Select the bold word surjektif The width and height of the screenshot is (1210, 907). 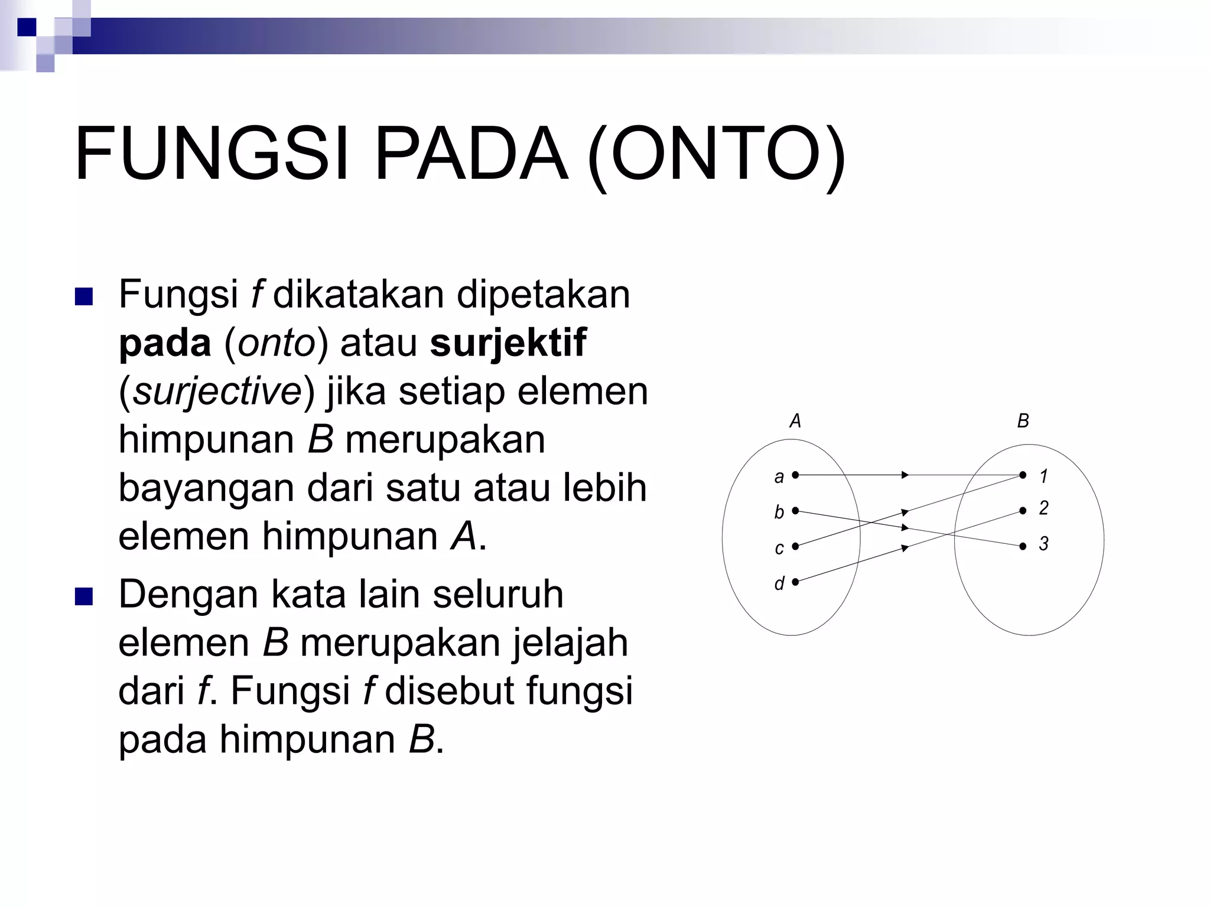click(508, 342)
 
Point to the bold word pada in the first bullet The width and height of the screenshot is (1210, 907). click(165, 344)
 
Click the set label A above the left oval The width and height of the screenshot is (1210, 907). click(795, 421)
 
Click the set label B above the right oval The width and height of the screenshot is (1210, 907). click(1023, 421)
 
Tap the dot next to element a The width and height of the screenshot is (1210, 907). click(795, 474)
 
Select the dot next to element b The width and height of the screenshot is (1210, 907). click(795, 510)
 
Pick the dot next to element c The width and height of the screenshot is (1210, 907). click(795, 546)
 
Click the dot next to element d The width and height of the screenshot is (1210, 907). click(795, 582)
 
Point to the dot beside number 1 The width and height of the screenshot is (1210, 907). click(1023, 475)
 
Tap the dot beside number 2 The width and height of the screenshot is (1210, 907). click(1023, 511)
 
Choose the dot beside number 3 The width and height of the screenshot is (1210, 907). click(1023, 546)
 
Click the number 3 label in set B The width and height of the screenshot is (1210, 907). click(1043, 544)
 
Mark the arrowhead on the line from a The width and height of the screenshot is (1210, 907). click(905, 475)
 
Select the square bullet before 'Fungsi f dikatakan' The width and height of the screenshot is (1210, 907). click(84, 296)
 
